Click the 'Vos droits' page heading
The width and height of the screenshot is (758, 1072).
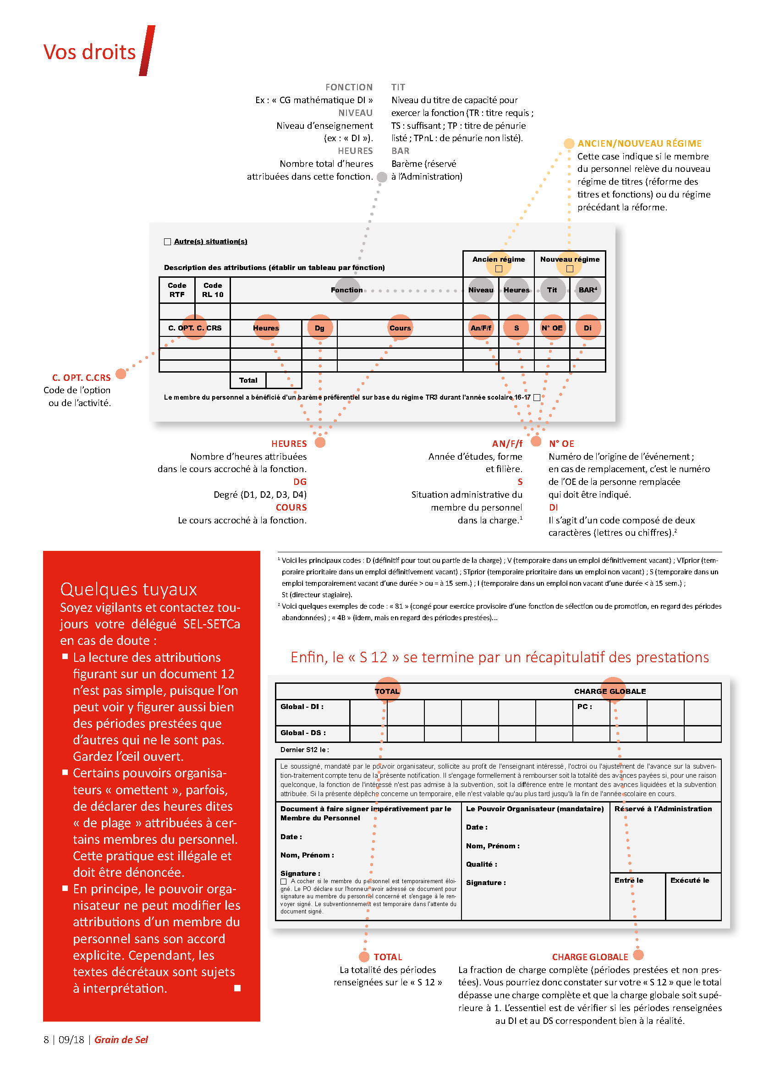coord(89,52)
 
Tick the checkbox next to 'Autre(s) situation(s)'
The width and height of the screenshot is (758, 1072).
coord(168,242)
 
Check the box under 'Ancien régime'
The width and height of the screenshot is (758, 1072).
coord(499,269)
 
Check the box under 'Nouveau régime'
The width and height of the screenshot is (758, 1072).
coord(570,269)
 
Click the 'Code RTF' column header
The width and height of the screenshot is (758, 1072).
coord(177,290)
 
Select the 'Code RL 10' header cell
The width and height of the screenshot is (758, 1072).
coord(212,290)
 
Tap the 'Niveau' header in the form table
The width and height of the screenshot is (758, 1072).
coord(481,290)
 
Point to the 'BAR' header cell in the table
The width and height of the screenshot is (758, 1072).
coord(588,290)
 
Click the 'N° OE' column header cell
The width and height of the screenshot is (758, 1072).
coord(552,328)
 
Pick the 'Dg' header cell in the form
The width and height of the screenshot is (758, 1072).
coord(319,328)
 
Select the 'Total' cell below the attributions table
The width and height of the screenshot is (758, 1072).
coord(248,380)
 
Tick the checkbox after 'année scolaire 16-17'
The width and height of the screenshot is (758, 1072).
coord(537,397)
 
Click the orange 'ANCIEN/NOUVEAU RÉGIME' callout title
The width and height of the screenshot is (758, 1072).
coord(639,144)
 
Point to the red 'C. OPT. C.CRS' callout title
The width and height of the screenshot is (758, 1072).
coord(81,377)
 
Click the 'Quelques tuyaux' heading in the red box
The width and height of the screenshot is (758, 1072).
coord(128,589)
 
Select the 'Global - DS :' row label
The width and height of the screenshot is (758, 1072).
coord(303,732)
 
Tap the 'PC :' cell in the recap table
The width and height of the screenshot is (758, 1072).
coord(584,706)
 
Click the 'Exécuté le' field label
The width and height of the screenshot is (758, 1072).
coord(689,880)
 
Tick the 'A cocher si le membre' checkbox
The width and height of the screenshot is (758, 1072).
coord(283,881)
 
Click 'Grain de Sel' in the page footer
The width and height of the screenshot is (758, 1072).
coord(121,1039)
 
